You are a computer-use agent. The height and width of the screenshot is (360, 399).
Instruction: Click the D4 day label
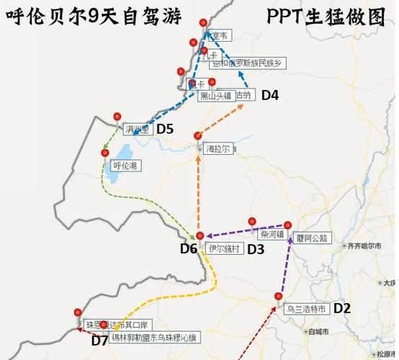270,94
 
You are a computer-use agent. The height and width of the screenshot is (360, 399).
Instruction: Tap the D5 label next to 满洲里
166,129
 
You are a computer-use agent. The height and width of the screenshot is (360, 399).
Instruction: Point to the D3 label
256,249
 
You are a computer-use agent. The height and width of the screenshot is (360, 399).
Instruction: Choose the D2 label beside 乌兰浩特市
342,308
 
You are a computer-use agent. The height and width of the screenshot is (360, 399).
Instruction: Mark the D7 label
99,341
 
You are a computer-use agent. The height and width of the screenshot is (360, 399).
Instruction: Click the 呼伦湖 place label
127,166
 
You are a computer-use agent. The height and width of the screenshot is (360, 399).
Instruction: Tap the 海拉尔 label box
218,149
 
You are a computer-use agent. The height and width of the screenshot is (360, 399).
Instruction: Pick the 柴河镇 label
272,235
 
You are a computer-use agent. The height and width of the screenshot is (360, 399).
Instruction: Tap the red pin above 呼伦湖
105,153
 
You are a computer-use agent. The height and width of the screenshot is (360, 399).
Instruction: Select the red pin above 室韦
202,24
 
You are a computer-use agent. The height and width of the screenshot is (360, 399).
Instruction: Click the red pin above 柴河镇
252,221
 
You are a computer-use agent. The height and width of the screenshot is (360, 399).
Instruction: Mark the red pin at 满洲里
117,114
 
